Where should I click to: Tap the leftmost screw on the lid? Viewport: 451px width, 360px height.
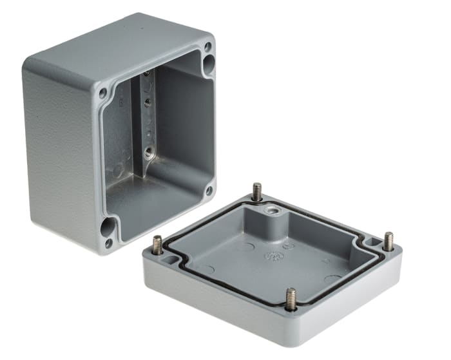click(157, 244)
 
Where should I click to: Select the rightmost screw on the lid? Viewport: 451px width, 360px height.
click(389, 240)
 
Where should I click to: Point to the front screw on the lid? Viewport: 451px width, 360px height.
click(291, 298)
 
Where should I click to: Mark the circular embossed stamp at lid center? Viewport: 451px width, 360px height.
click(273, 256)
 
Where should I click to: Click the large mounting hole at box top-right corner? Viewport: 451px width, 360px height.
click(209, 62)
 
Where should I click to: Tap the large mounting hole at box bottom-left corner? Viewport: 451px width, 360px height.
click(109, 227)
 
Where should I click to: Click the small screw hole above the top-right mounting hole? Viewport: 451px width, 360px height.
click(207, 46)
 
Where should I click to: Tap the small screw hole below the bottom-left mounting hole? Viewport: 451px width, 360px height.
click(108, 243)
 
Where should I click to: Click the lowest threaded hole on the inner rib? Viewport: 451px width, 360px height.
click(149, 153)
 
